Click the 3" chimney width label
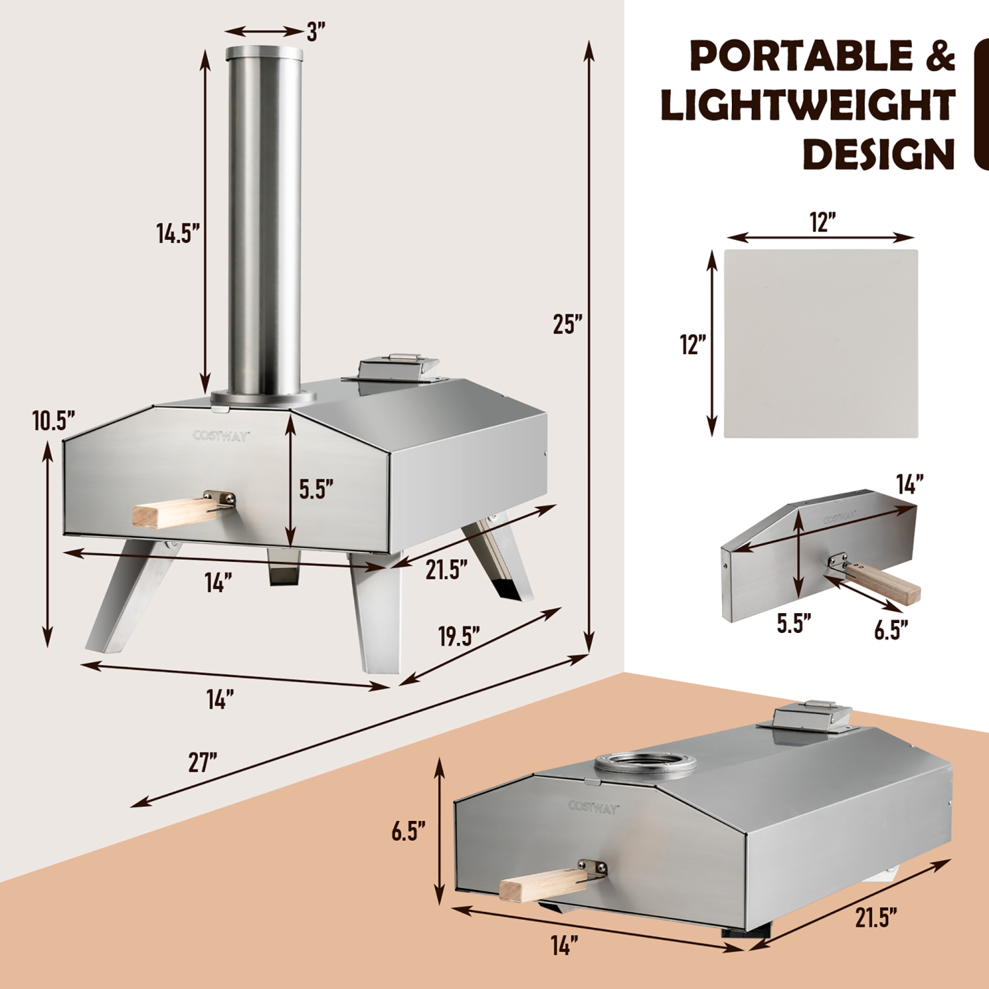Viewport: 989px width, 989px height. tap(316, 32)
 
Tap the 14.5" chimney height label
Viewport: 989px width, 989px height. tap(177, 233)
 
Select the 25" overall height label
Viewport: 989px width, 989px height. tap(567, 324)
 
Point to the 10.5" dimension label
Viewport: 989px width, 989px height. tap(53, 421)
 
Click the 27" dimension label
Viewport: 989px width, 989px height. tap(202, 762)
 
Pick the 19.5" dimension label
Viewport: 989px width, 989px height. tap(459, 636)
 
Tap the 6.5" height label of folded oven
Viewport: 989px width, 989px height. tap(408, 831)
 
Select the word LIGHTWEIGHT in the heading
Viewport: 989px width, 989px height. tap(808, 105)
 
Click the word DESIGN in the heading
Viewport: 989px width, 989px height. tap(878, 154)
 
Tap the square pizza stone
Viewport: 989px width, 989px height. tap(821, 343)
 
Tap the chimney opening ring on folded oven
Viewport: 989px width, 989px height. tap(645, 765)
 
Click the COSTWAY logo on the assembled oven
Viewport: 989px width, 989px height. tap(221, 435)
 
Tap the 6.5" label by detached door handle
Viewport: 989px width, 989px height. tap(891, 630)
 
